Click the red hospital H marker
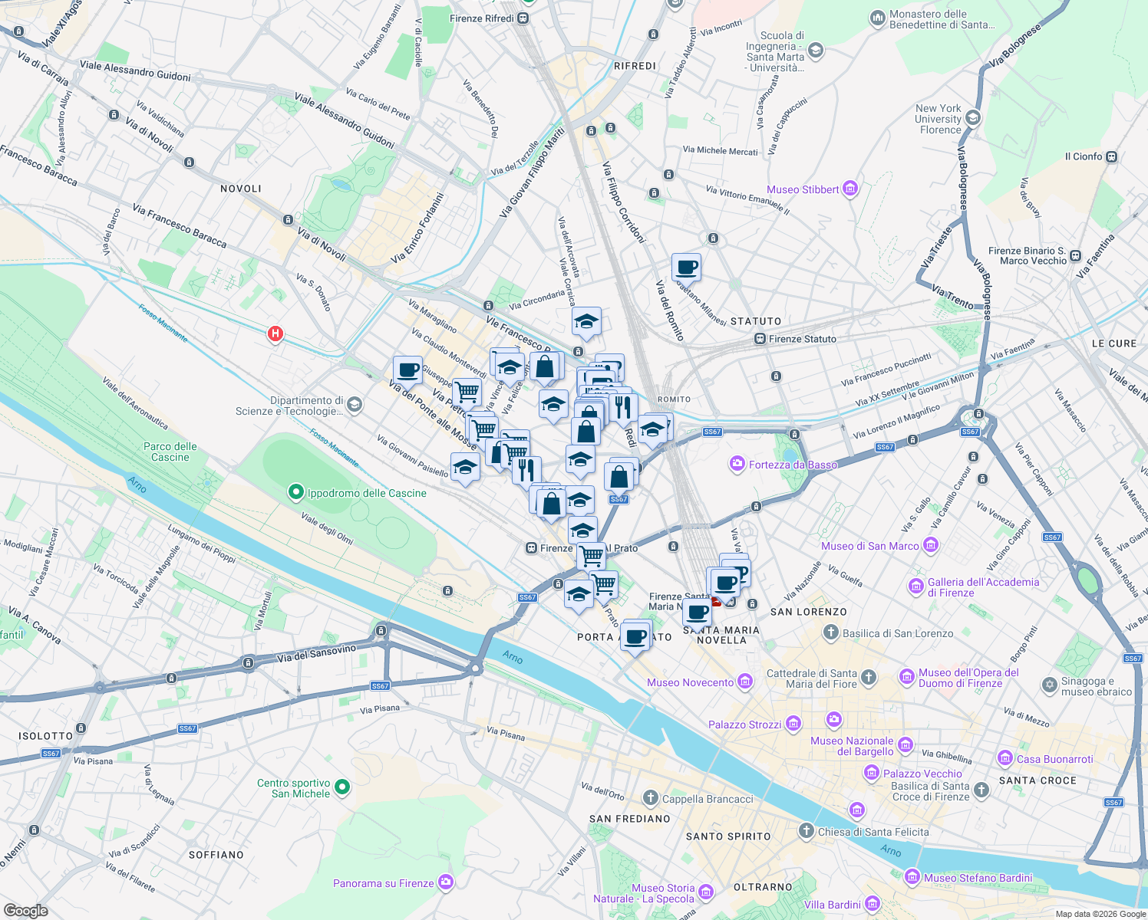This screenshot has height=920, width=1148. point(275,334)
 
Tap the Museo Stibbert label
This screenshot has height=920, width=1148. point(803,189)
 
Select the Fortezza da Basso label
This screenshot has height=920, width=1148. point(793,465)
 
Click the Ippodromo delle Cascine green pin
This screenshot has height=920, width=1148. point(295,492)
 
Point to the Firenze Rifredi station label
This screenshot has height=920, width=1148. point(482,18)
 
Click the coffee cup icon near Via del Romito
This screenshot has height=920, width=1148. point(686,268)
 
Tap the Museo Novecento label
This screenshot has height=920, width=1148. point(690,682)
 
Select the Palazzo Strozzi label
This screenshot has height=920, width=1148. point(744,724)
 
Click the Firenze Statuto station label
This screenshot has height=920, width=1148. point(802,339)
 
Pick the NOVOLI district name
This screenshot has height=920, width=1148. point(241,189)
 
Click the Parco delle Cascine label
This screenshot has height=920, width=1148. point(170,452)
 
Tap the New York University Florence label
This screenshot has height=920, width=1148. point(938,119)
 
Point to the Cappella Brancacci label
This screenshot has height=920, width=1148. point(708,799)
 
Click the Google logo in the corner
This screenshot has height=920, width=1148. point(26,910)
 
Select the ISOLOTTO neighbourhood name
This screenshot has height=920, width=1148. point(46,736)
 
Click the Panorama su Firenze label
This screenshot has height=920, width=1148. point(384,883)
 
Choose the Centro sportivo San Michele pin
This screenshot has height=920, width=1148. point(342,787)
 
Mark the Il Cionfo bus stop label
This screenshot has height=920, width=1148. point(1084,156)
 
